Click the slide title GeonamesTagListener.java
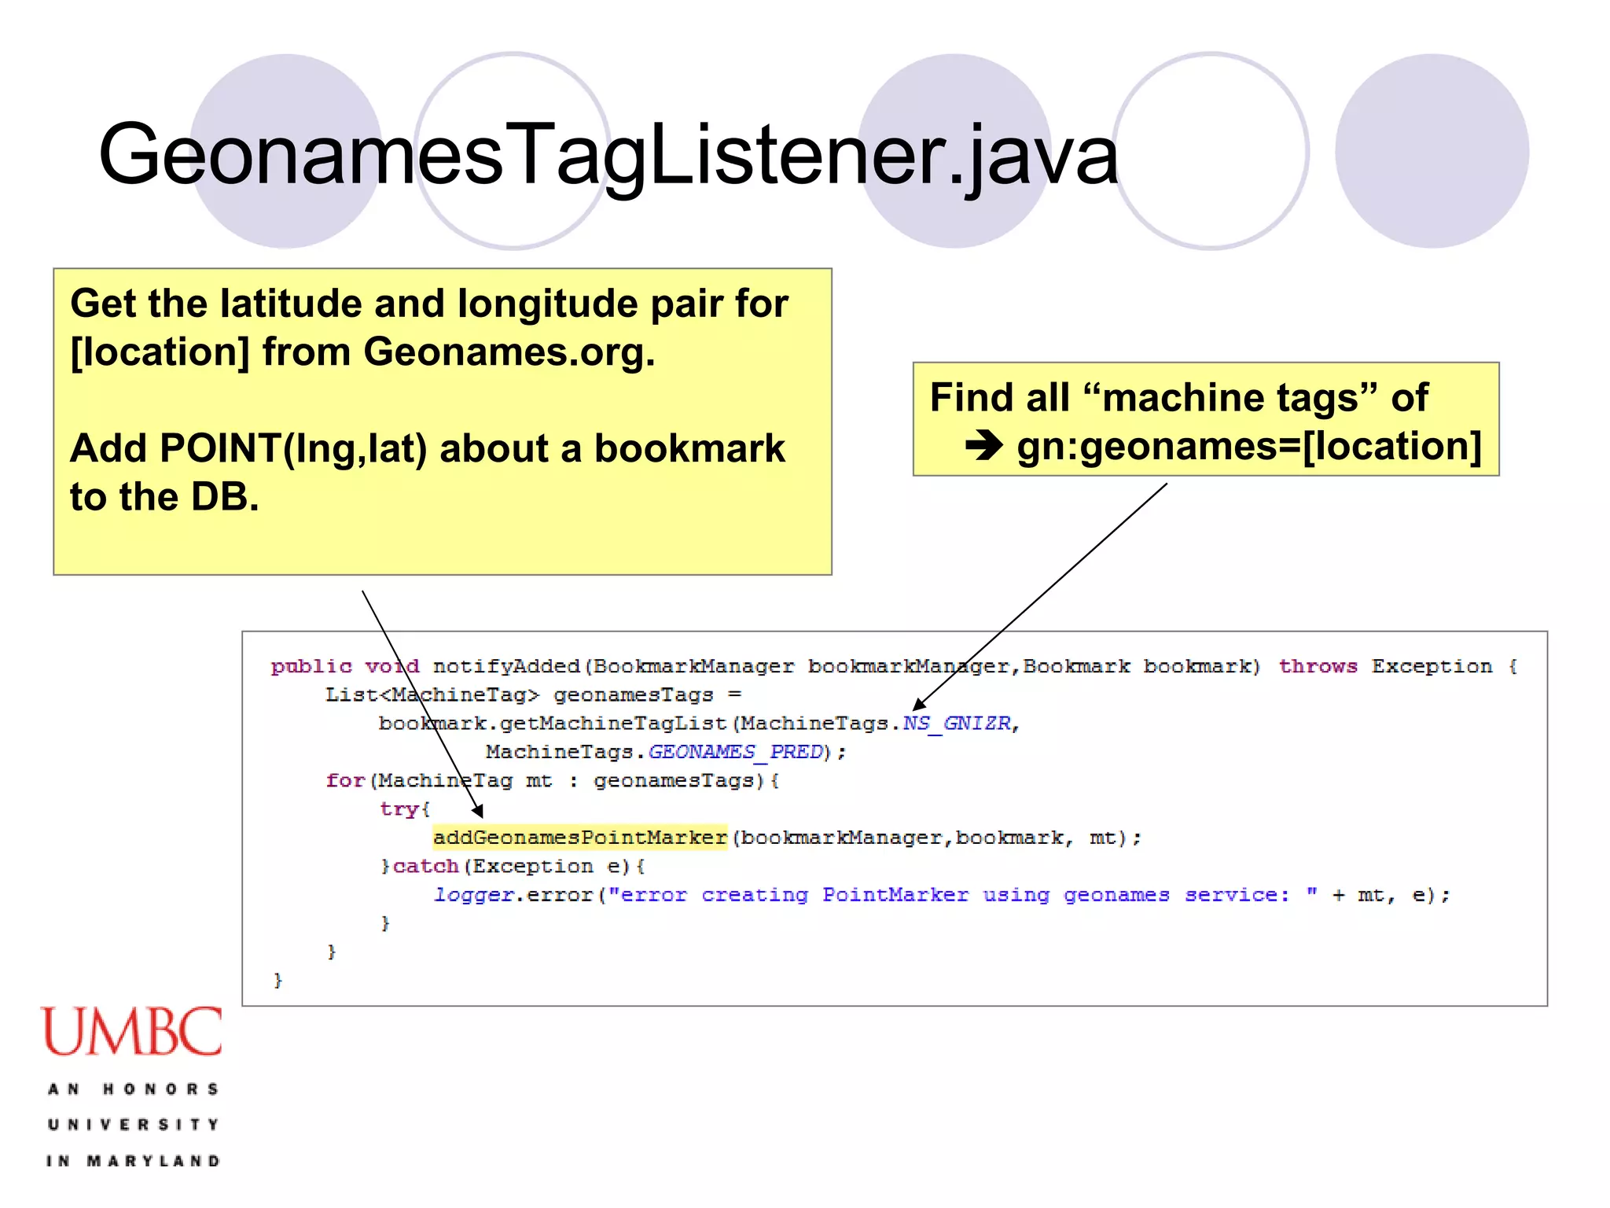click(607, 154)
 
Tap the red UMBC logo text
click(132, 1032)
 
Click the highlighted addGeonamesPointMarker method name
click(580, 838)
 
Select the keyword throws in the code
click(1318, 667)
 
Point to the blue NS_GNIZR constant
click(957, 724)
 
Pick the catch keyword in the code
click(425, 867)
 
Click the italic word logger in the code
click(474, 895)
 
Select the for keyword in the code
click(345, 781)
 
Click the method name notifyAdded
click(506, 667)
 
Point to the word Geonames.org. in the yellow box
click(509, 352)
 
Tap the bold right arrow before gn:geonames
click(983, 446)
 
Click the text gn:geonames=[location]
click(1248, 446)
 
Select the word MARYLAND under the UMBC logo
click(153, 1161)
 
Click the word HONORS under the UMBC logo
click(160, 1089)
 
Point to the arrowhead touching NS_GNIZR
click(918, 704)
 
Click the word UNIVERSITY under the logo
click(133, 1125)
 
